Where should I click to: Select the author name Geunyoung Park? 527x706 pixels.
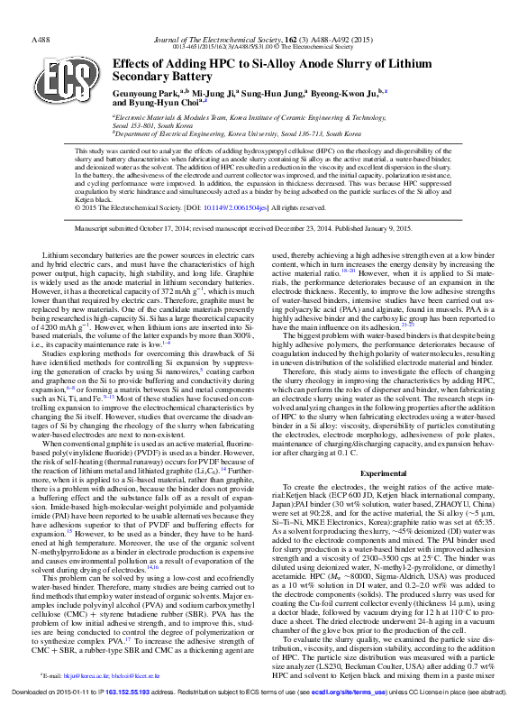pyautogui.click(x=145, y=92)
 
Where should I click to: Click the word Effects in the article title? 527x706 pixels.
pyautogui.click(x=135, y=64)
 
